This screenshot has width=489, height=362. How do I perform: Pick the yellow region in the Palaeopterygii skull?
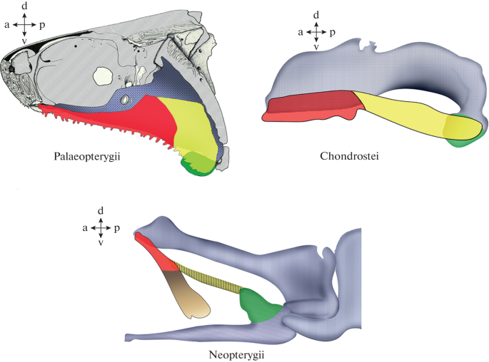(x=193, y=128)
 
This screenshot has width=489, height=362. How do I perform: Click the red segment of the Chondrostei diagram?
(x=311, y=107)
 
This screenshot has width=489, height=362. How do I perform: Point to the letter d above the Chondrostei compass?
(x=317, y=14)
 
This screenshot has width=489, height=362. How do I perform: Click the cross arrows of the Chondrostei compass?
(x=316, y=31)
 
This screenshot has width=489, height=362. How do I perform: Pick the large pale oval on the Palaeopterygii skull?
(x=104, y=74)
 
